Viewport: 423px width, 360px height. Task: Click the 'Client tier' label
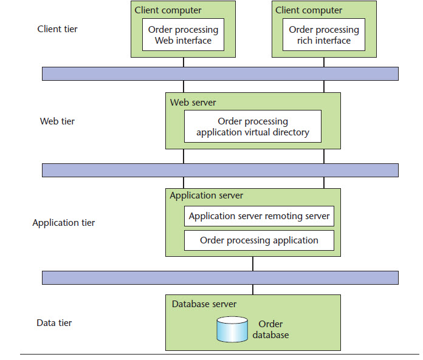click(x=57, y=29)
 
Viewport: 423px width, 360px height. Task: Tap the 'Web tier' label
click(x=57, y=121)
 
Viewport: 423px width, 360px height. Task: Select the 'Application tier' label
click(x=63, y=223)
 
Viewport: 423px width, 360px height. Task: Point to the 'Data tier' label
click(x=54, y=323)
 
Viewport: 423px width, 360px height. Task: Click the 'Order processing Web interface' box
click(x=183, y=35)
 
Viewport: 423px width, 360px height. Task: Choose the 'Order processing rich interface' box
click(x=323, y=35)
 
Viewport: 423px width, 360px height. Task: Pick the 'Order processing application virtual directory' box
click(x=252, y=126)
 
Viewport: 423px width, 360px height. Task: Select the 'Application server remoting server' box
click(x=259, y=216)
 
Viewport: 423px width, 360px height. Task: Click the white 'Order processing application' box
click(x=259, y=240)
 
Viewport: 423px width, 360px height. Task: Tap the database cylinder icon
click(x=232, y=328)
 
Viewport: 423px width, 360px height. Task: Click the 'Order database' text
click(x=270, y=330)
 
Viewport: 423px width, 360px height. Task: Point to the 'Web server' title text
click(x=193, y=103)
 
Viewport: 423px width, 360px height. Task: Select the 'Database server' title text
click(x=204, y=304)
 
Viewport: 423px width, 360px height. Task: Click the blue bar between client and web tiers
click(x=220, y=73)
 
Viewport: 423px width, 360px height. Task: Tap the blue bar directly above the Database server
click(x=220, y=277)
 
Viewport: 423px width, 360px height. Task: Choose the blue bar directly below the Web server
click(x=220, y=170)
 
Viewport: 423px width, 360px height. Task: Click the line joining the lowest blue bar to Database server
click(x=253, y=290)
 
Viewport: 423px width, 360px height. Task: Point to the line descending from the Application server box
click(x=253, y=263)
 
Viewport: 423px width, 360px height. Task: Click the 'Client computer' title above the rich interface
click(x=309, y=10)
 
